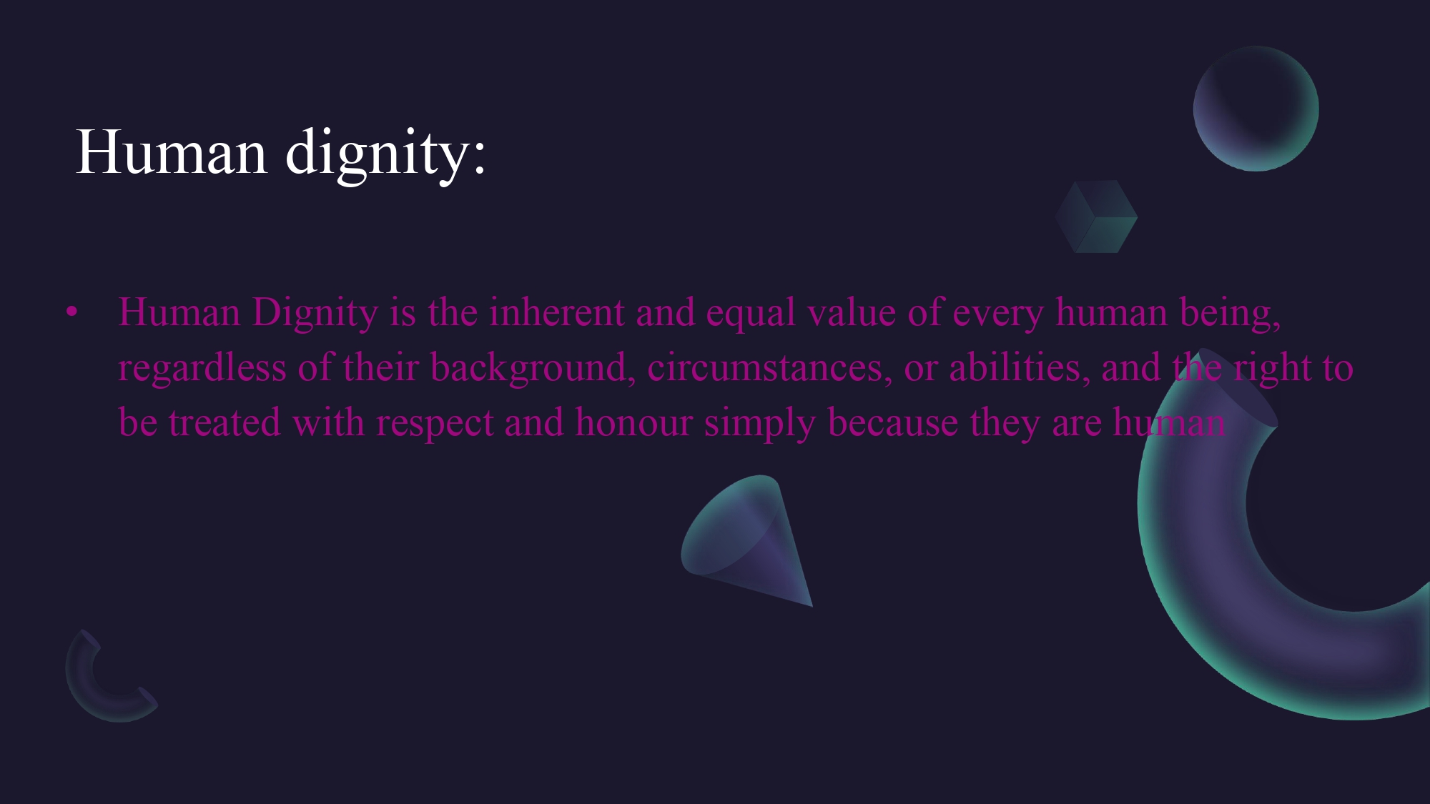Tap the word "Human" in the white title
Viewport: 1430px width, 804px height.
(172, 152)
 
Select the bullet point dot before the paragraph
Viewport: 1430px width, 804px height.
(71, 312)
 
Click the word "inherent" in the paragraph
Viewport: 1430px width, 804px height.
(557, 312)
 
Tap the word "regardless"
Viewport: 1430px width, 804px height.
(202, 369)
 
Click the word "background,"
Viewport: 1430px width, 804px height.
(533, 369)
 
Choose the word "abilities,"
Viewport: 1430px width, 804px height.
(1020, 367)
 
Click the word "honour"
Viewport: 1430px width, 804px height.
(634, 422)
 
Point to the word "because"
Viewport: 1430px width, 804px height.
(892, 422)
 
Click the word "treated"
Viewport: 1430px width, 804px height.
(225, 422)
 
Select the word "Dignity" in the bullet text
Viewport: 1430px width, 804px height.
(315, 314)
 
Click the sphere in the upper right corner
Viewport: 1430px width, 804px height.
(1256, 109)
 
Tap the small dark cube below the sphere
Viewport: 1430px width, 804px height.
(1096, 217)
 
